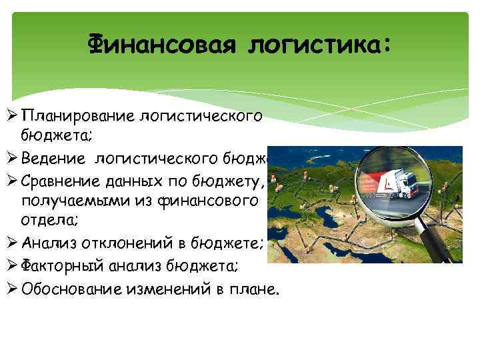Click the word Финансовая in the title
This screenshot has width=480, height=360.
tap(163, 45)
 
